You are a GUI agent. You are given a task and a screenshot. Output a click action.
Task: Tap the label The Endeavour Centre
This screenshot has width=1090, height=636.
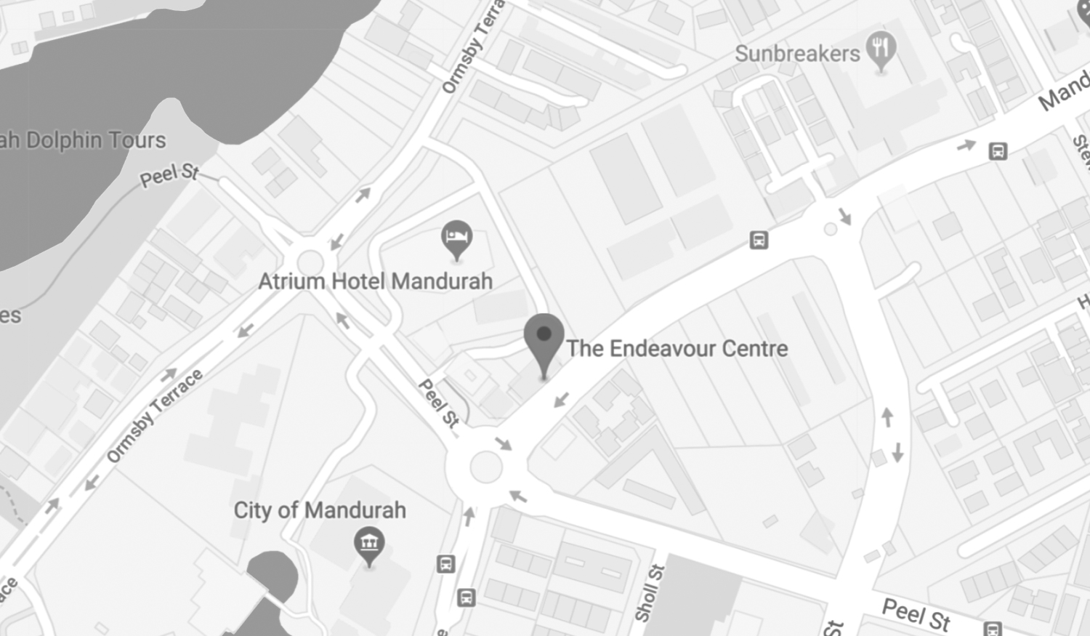(677, 349)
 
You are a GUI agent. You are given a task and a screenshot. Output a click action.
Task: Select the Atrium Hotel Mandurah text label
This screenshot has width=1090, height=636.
(375, 281)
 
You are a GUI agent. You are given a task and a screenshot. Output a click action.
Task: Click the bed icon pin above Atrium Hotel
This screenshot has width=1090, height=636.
(456, 238)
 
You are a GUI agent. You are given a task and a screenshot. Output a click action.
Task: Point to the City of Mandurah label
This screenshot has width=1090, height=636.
(320, 510)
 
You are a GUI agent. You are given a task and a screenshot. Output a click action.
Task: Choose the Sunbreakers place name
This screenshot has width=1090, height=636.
(797, 53)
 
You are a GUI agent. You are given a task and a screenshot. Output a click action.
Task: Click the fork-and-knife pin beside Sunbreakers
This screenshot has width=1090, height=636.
(881, 50)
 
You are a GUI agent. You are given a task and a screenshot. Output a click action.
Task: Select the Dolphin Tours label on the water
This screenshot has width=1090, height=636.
(84, 140)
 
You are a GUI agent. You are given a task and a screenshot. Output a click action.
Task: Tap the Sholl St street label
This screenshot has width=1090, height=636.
(649, 592)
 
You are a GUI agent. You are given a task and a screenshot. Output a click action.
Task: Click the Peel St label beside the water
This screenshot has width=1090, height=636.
(169, 174)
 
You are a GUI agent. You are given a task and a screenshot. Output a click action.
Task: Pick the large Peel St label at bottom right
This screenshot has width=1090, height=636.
(916, 614)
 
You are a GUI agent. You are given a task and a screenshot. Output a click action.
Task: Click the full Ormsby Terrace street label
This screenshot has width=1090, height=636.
(154, 415)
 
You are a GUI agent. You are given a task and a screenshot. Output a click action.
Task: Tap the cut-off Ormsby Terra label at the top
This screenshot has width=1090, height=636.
(472, 48)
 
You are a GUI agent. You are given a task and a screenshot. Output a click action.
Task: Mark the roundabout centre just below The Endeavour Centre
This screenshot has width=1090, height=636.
(485, 467)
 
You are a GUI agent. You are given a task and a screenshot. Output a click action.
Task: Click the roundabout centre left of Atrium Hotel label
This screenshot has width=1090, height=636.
(310, 262)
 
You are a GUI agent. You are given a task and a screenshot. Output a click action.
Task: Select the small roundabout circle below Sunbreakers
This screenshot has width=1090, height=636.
(830, 229)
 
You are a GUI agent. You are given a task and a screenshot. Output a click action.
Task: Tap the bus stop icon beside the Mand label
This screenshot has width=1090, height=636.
(998, 151)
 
